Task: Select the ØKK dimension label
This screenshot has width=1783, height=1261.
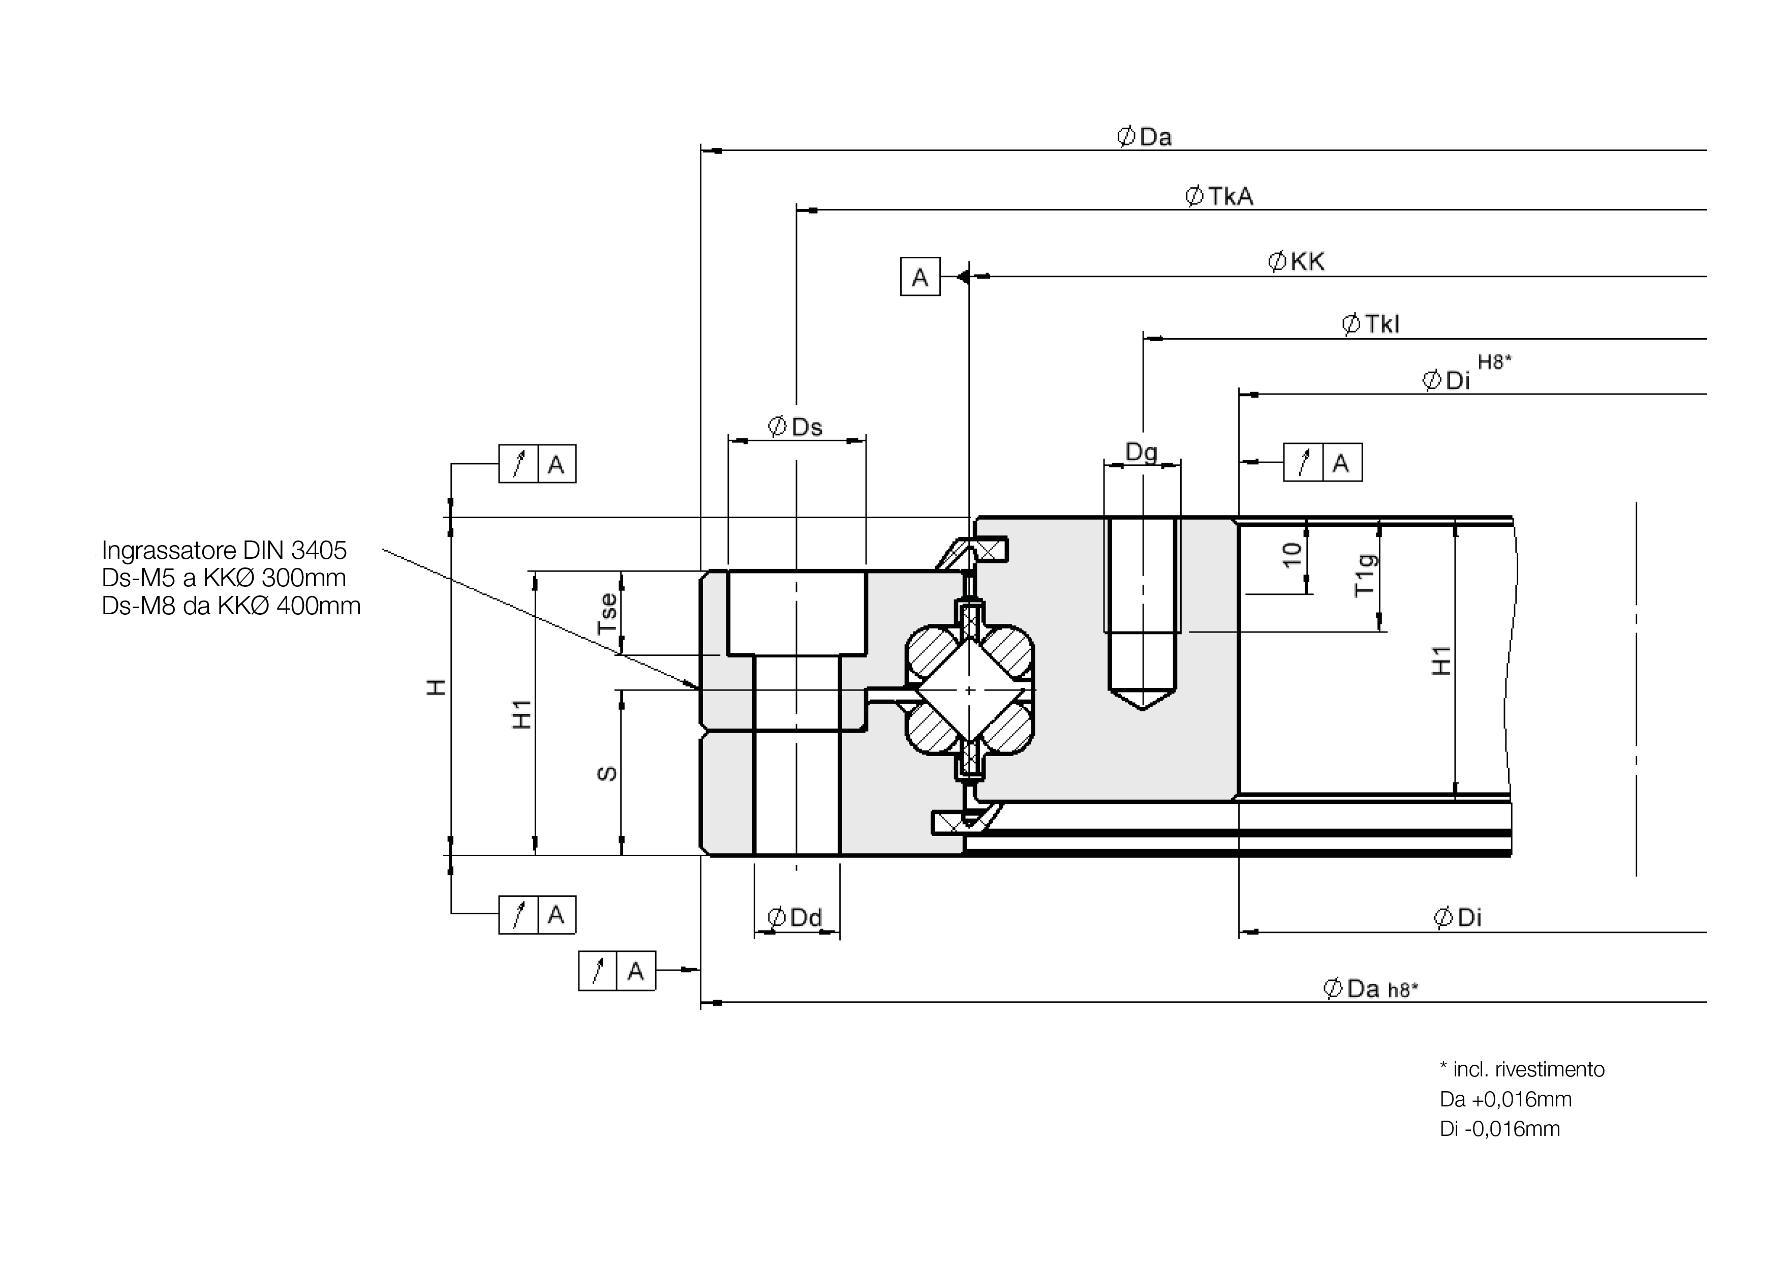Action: tap(1296, 262)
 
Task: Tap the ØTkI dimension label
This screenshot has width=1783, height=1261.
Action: tap(1371, 324)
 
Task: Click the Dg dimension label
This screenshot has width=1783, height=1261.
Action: tap(1142, 452)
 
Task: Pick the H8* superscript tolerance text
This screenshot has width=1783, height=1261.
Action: tap(1494, 362)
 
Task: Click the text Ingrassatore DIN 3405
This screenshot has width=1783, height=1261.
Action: tap(225, 550)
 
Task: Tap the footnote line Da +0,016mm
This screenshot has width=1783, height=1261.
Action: tap(1506, 1099)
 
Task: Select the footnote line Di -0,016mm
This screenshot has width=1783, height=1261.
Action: tap(1499, 1129)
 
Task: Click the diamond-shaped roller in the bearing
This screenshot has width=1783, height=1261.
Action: tap(969, 690)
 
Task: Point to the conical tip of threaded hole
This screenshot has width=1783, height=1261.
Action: tap(1143, 698)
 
